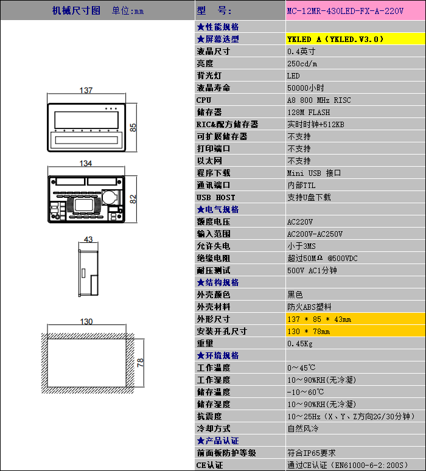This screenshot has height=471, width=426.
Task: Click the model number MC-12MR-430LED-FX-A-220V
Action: (x=345, y=11)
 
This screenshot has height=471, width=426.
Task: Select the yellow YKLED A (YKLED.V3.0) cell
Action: (x=355, y=39)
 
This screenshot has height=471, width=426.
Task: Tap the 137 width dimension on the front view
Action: (x=86, y=91)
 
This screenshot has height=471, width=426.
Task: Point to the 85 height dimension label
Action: (x=133, y=127)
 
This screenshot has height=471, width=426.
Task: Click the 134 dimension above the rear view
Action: (x=86, y=164)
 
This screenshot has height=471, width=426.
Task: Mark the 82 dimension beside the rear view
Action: (x=133, y=199)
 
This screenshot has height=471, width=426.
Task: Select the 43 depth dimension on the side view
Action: (x=88, y=239)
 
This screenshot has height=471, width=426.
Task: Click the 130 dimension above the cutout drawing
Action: (x=86, y=322)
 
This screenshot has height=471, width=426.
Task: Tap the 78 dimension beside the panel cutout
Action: (x=140, y=363)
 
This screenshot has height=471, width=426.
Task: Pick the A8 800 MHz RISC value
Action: (x=319, y=100)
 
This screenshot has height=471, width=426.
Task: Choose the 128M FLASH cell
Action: (x=309, y=113)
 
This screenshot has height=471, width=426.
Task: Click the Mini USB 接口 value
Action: (x=313, y=173)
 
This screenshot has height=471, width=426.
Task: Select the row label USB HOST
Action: (x=215, y=198)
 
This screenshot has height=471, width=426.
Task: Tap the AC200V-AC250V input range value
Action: (x=315, y=234)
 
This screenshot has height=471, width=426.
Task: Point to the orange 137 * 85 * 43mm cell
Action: (x=355, y=319)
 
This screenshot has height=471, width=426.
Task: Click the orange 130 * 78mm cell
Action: (x=355, y=331)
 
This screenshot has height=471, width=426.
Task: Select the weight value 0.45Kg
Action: (x=300, y=344)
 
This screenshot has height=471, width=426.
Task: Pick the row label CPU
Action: (x=204, y=100)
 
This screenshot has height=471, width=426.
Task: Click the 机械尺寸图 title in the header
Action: (x=76, y=11)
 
